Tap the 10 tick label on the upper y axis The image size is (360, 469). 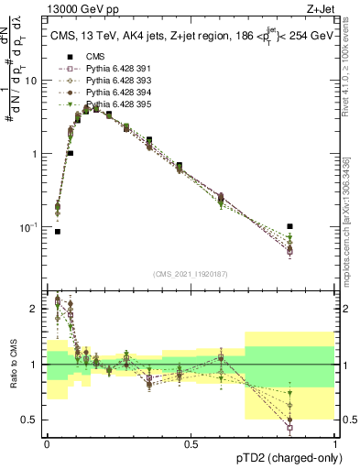click(x=30, y=81)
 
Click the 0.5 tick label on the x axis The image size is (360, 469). click(x=191, y=443)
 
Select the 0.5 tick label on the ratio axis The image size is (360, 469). click(x=28, y=420)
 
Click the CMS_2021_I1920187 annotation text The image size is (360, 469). click(x=191, y=273)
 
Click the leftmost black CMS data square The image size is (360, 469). click(x=58, y=232)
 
